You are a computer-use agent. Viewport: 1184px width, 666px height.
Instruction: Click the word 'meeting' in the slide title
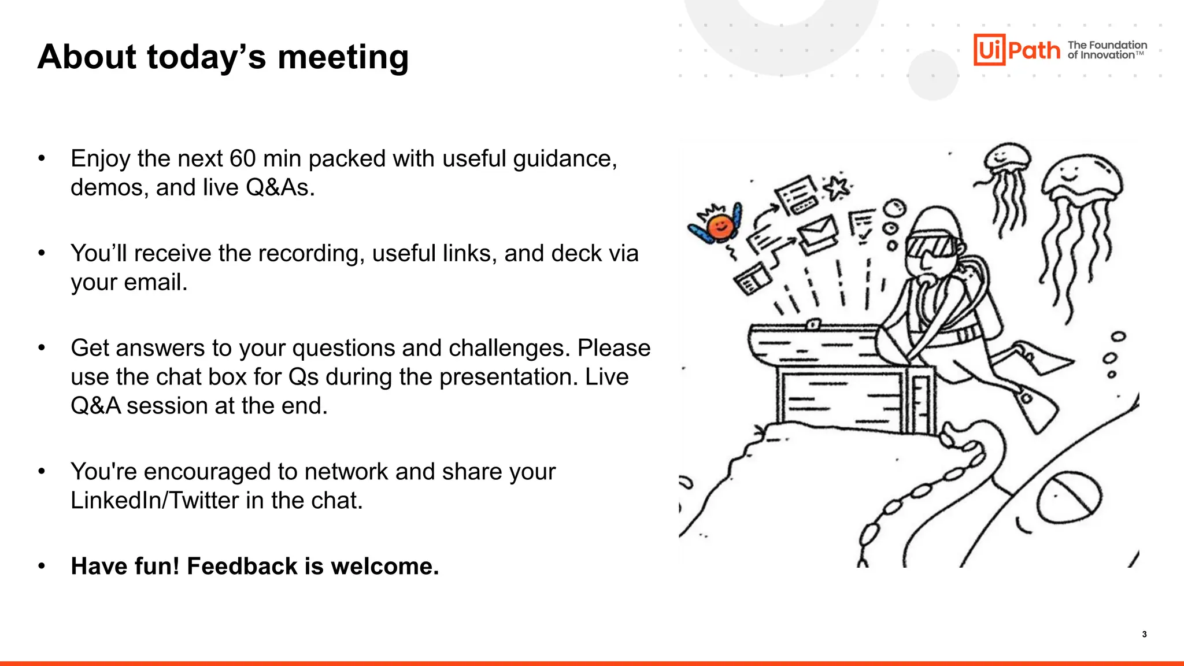(x=343, y=57)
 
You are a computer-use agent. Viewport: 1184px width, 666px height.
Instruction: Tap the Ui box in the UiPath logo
(x=989, y=50)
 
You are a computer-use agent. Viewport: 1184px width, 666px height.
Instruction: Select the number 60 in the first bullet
(x=242, y=158)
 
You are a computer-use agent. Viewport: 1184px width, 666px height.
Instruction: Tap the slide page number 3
(x=1144, y=634)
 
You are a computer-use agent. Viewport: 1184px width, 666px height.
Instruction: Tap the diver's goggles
(x=930, y=245)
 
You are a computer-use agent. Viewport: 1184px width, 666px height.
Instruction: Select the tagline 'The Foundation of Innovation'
(x=1107, y=50)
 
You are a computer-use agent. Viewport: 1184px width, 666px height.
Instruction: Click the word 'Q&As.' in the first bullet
(x=280, y=187)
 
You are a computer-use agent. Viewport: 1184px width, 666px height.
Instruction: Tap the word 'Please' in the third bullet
(x=614, y=348)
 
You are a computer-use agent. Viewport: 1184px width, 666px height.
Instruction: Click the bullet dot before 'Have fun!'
(x=42, y=566)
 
